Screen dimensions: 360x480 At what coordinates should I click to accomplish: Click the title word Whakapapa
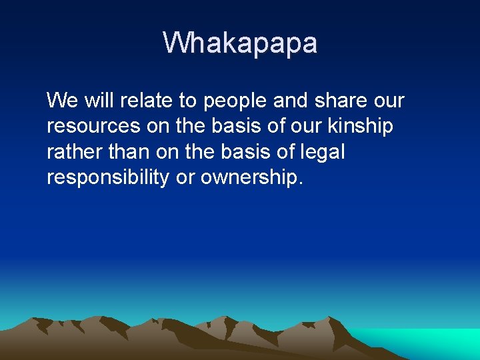[240, 43]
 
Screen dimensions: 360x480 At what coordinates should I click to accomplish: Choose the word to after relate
[187, 101]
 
